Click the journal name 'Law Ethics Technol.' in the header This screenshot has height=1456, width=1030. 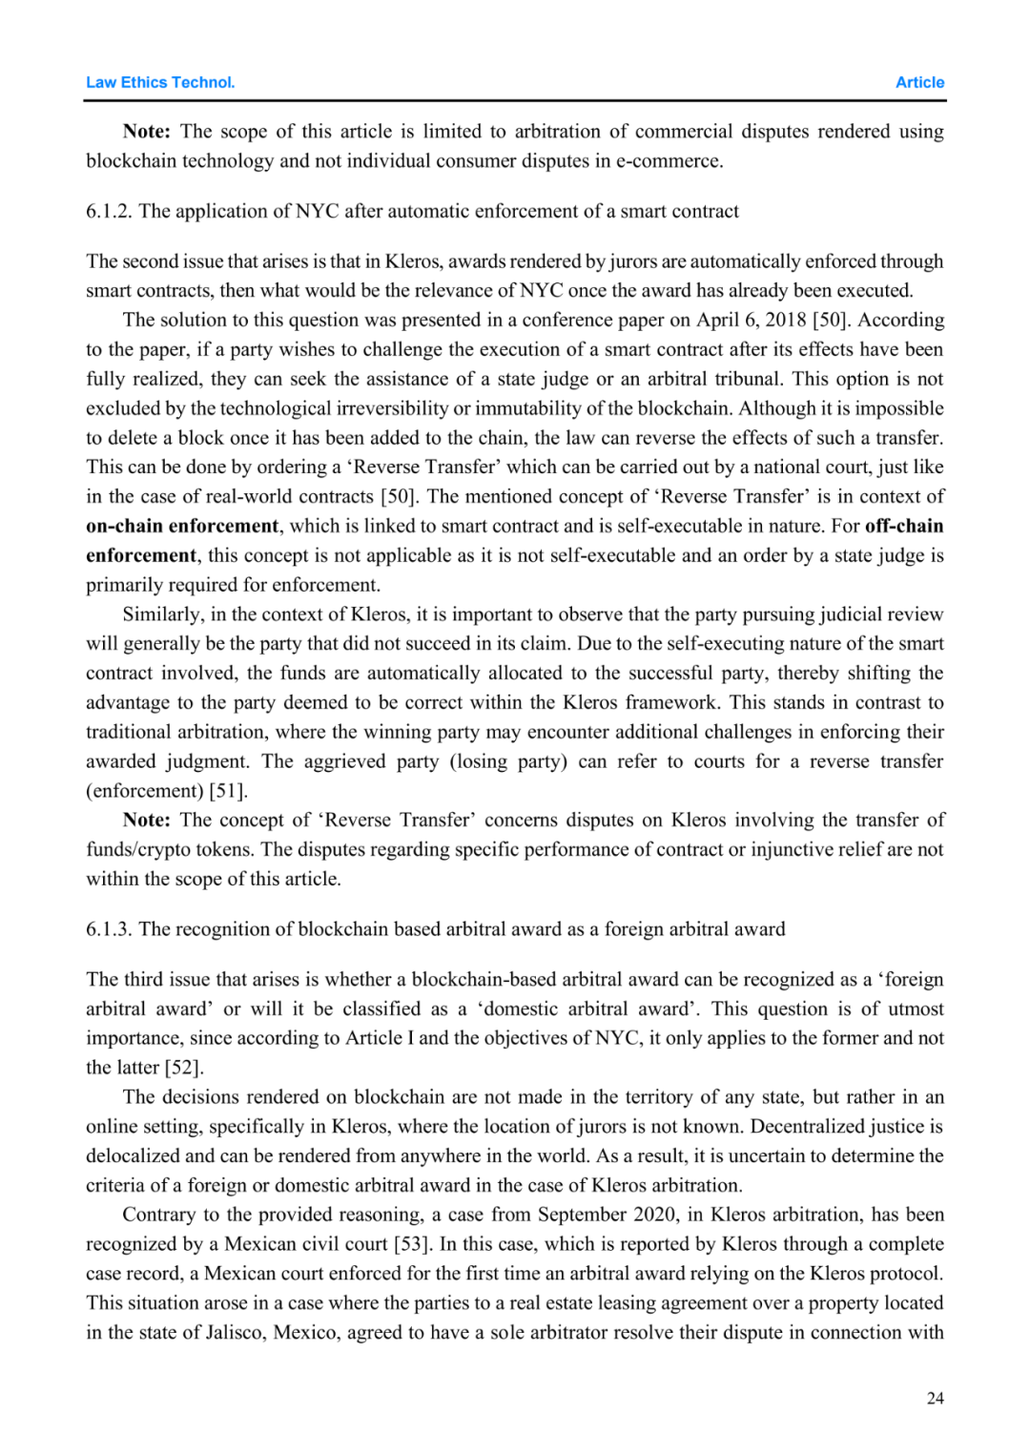tap(160, 82)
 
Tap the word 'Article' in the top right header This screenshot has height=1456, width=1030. tap(919, 82)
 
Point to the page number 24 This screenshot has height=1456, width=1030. tap(935, 1398)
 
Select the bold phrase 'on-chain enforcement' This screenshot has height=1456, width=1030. tap(182, 526)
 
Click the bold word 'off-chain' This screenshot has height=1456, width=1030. tap(903, 526)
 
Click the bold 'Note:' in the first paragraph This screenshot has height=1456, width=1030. tap(147, 132)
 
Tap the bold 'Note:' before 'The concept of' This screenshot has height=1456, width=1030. tap(147, 821)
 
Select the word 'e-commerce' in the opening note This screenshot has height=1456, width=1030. tap(668, 161)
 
